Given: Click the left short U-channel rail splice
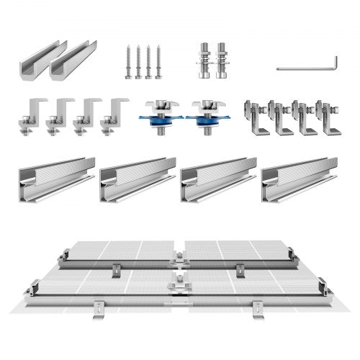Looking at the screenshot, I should pyautogui.click(x=33, y=63).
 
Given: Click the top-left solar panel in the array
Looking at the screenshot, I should pyautogui.click(x=122, y=252).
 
